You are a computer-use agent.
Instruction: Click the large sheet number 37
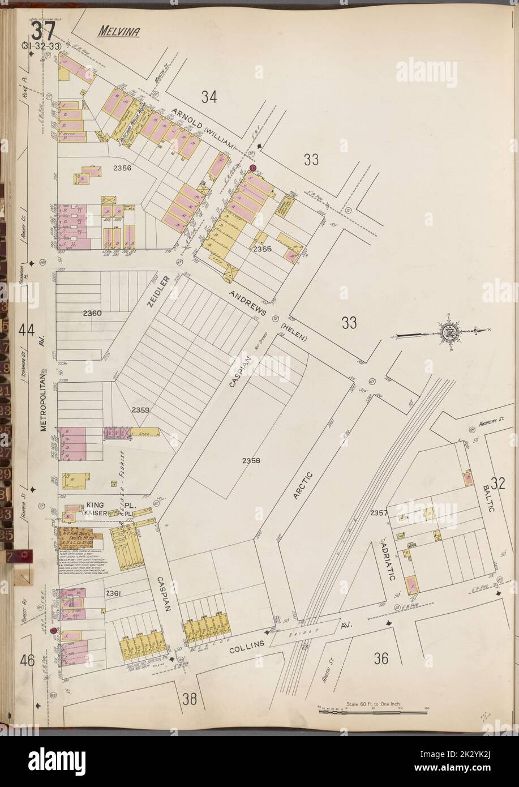pos(43,29)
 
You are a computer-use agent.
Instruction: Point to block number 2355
pos(263,249)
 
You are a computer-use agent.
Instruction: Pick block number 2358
pos(250,460)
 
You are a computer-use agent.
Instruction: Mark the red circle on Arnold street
pos(252,168)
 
